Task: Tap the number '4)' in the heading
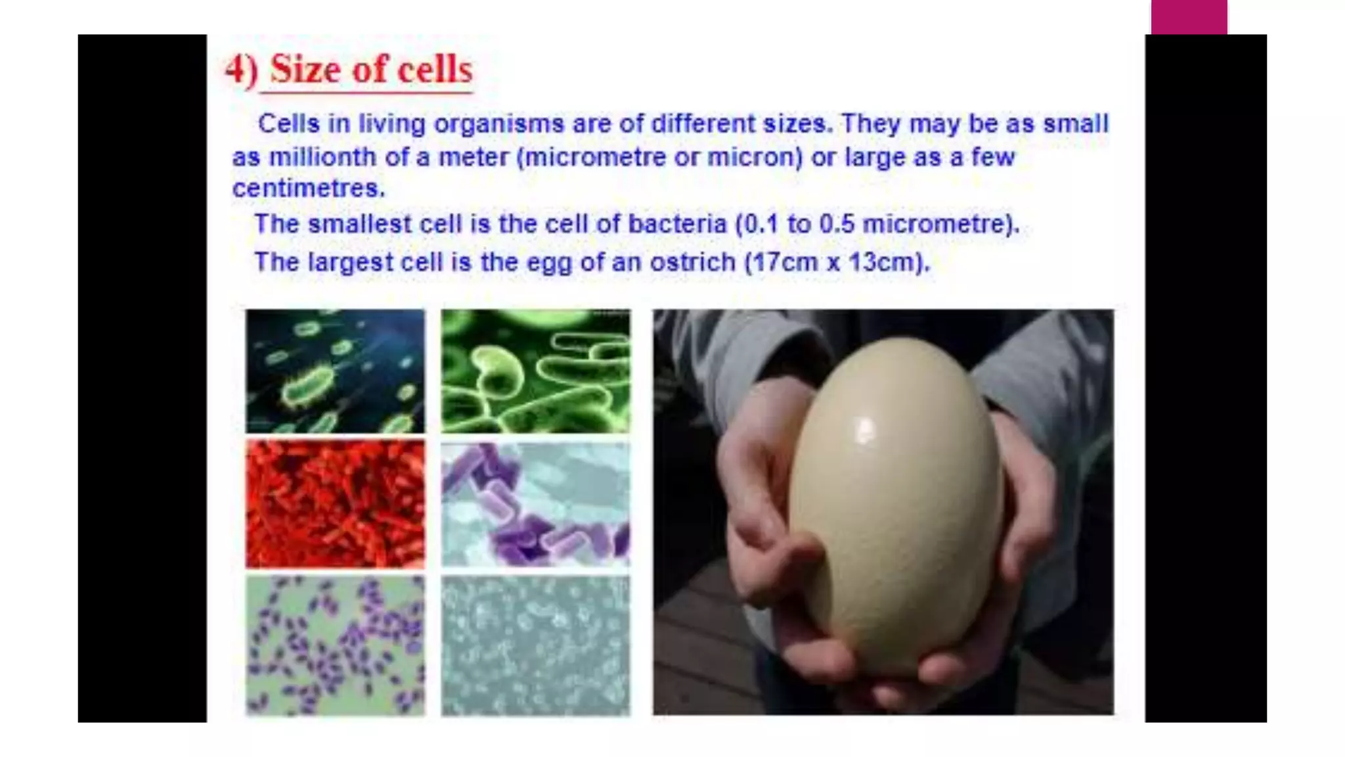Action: pos(241,69)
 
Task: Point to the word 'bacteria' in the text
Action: pos(677,224)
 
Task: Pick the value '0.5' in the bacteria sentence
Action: pos(836,224)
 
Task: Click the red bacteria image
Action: pos(335,503)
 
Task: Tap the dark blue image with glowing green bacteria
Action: pos(335,371)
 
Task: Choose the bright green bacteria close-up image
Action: pos(535,371)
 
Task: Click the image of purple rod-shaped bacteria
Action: pos(535,503)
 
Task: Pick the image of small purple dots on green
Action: pos(335,645)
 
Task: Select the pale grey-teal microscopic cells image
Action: pos(535,645)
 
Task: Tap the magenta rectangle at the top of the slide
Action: pos(1189,17)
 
